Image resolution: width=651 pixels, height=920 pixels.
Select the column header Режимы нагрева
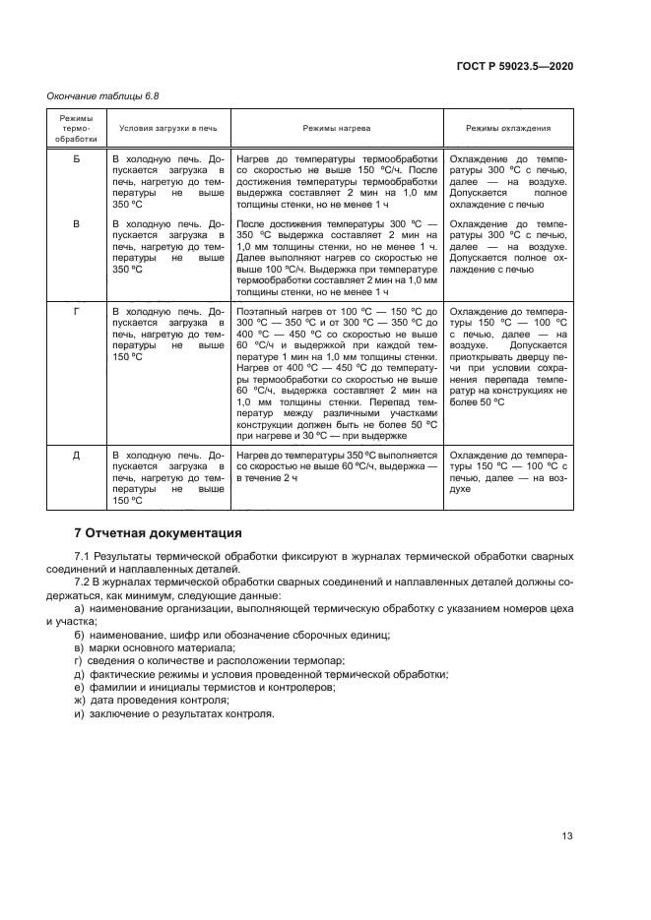[337, 128]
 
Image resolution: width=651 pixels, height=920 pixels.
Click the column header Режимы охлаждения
[507, 128]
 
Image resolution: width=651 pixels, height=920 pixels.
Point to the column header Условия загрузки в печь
[167, 128]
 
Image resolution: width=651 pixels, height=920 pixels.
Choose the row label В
[76, 225]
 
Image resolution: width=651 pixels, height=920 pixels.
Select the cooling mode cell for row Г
[507, 362]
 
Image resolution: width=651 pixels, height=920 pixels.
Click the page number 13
[566, 836]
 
